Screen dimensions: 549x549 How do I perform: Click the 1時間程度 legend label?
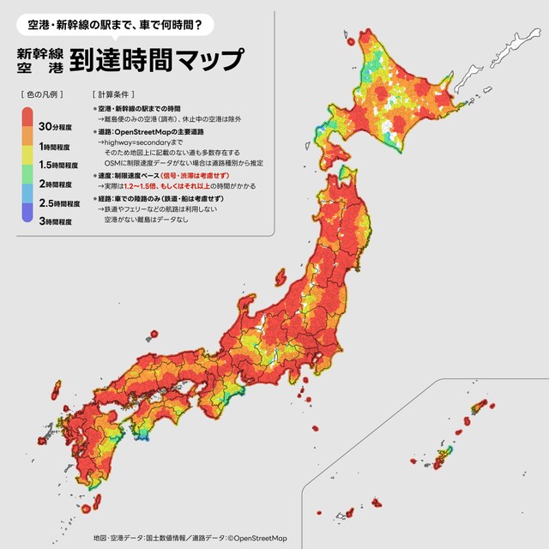tap(56, 147)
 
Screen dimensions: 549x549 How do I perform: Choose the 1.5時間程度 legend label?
tap(58, 165)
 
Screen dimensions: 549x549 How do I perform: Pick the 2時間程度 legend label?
tap(56, 184)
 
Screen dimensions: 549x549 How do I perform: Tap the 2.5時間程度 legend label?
tap(60, 203)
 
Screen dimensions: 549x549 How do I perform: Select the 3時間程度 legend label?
tap(56, 221)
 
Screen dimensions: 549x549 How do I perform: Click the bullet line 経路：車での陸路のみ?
tap(137, 198)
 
